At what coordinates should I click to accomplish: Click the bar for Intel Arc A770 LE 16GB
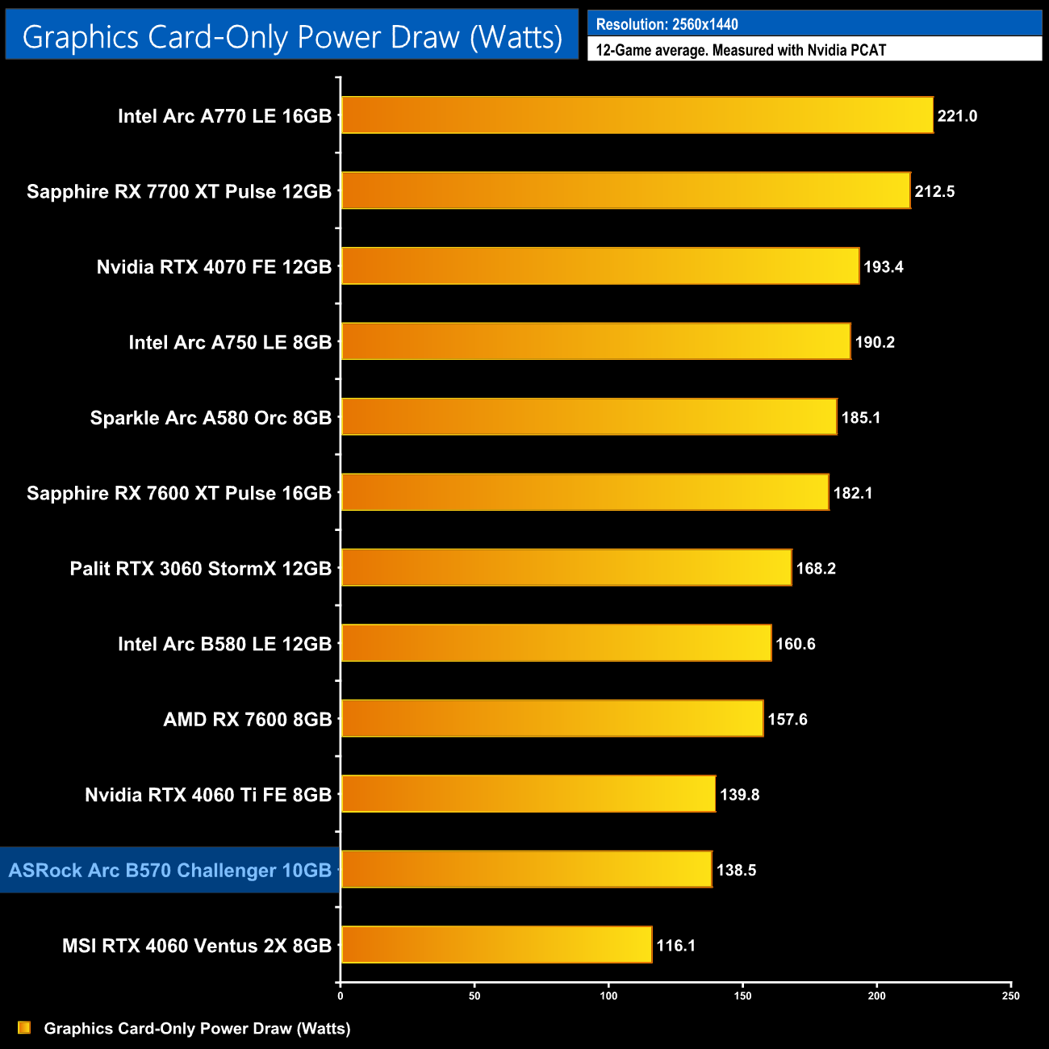[637, 115]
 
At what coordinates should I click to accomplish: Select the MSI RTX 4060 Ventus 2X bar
[496, 945]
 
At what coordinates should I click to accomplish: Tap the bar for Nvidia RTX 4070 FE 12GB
[600, 266]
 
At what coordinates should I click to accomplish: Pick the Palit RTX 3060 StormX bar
[566, 568]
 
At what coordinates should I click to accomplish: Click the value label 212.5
[934, 191]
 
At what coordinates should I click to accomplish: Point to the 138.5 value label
[736, 870]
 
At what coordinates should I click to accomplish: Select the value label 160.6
[796, 644]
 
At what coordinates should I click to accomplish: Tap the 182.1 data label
[853, 493]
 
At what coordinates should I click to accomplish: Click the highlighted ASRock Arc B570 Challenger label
[170, 870]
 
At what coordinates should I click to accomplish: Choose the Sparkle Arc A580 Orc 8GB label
[211, 418]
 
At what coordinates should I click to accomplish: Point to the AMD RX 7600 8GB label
[248, 719]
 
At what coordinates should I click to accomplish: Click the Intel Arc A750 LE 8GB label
[230, 342]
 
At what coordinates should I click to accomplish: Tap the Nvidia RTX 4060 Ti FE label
[208, 795]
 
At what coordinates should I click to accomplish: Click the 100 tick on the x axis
[609, 996]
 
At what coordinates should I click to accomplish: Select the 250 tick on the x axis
[1011, 996]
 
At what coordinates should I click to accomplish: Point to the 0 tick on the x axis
[341, 996]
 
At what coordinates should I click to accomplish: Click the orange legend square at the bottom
[24, 1027]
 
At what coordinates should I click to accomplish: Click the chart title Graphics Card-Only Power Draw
[292, 36]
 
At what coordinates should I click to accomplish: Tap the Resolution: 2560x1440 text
[667, 24]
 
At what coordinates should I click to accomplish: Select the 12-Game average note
[741, 50]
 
